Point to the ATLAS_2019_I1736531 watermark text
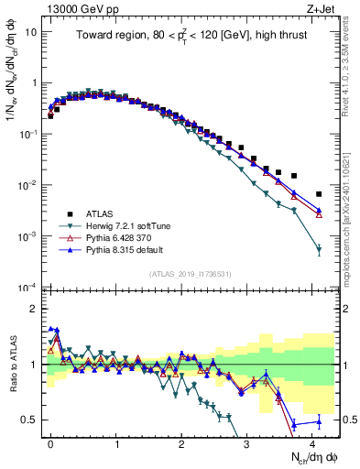pos(190,274)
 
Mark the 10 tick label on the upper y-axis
pos(30,31)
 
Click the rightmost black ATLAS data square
pos(318,194)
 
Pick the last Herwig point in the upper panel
pos(318,249)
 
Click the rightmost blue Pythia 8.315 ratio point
pos(318,421)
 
